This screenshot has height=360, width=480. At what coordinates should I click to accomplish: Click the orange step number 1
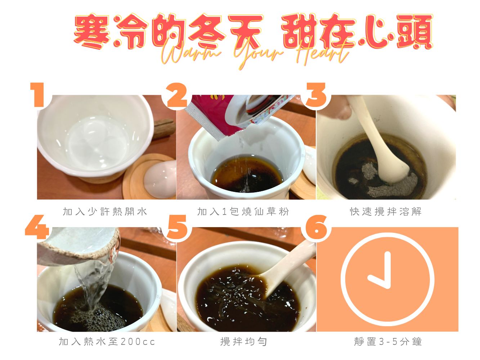coord(38,95)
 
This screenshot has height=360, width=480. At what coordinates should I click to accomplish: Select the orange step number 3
coord(316,95)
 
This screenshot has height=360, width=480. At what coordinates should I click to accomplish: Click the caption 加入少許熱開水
coord(105,212)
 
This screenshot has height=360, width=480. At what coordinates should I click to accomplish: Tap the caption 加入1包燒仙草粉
coord(243,212)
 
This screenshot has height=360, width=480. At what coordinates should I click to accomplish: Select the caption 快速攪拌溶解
coord(386,212)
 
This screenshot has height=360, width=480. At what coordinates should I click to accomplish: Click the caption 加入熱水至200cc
coord(107,341)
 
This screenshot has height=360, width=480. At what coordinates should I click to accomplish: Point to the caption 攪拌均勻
coord(244,341)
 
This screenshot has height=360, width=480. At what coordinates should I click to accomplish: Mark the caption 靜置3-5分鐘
coord(388,341)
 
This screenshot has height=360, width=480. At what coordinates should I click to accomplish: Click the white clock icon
coord(387,279)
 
